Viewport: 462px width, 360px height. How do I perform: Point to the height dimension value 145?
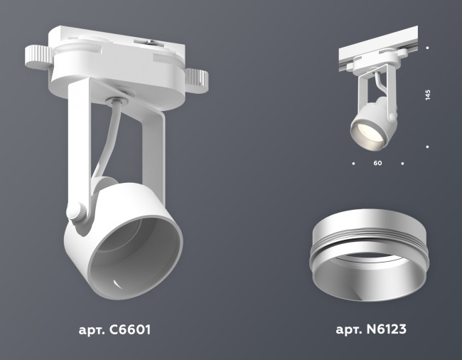[x=428, y=96]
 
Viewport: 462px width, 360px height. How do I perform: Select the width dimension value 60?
[x=377, y=164]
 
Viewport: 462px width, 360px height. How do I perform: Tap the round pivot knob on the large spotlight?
[x=76, y=212]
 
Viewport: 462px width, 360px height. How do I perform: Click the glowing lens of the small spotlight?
[x=364, y=134]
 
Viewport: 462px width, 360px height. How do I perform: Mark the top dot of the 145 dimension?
[x=427, y=48]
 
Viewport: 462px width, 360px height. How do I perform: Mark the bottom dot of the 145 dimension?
[x=427, y=147]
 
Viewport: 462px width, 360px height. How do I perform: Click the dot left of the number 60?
[x=353, y=164]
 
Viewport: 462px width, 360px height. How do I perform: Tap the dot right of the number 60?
[x=402, y=164]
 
